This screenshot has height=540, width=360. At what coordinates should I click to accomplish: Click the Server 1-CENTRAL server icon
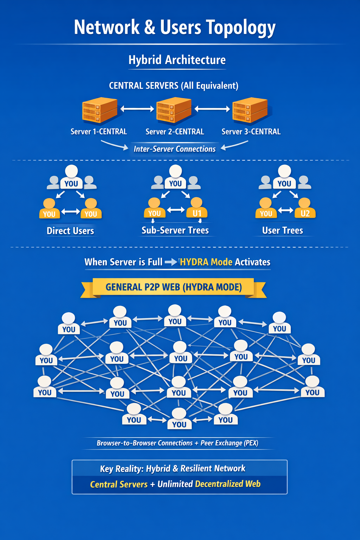click(x=99, y=110)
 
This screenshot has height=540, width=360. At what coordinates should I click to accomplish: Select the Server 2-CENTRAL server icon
click(x=174, y=110)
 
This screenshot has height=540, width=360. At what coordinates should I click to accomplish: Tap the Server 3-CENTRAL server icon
click(x=250, y=110)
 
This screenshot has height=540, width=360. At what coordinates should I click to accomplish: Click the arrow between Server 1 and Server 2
click(x=137, y=109)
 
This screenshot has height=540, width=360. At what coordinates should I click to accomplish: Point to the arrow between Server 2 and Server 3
click(x=212, y=109)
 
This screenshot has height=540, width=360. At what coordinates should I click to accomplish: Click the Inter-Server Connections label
click(x=174, y=149)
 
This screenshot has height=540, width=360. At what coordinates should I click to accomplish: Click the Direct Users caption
click(x=70, y=231)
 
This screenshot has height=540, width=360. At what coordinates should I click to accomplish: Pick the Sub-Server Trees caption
click(x=175, y=230)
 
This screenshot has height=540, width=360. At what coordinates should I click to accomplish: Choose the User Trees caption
click(x=283, y=231)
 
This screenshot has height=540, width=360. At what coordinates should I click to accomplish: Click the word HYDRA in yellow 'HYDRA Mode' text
click(x=194, y=262)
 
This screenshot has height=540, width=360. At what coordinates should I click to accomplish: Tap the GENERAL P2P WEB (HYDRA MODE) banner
click(x=174, y=287)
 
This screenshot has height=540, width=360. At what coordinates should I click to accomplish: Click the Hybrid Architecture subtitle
click(x=177, y=60)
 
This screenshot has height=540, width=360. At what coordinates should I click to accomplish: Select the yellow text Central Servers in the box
click(x=119, y=484)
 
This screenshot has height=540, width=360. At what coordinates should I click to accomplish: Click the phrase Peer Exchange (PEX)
click(x=229, y=443)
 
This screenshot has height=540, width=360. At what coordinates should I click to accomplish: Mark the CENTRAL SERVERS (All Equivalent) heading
click(x=174, y=86)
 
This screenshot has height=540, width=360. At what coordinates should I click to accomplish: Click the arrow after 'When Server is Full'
click(x=171, y=262)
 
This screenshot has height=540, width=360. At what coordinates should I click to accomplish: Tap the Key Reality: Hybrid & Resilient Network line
click(x=173, y=469)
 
